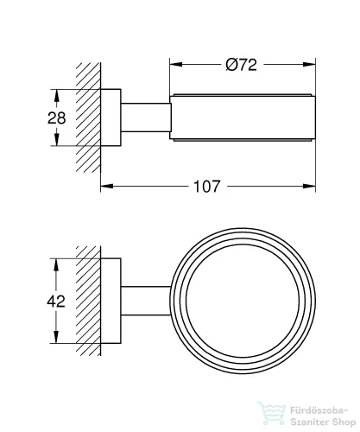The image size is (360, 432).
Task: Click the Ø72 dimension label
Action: coord(241,65)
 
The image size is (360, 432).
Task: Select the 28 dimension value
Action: coord(57,118)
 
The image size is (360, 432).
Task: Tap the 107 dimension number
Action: coord(207,187)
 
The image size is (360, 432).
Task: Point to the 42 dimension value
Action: coord(56,302)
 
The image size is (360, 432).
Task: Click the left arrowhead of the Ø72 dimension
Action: coord(176,64)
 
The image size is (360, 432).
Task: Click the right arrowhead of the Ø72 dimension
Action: coord(309,64)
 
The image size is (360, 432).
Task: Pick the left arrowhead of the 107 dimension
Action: coord(107,187)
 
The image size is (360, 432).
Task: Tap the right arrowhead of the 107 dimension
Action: coord(309,187)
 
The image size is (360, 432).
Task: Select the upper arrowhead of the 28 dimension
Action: coord(57,95)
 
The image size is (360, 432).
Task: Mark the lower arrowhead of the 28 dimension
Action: coord(57,140)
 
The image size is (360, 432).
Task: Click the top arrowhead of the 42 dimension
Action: coord(56,264)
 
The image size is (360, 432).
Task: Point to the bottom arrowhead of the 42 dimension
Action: coord(56,337)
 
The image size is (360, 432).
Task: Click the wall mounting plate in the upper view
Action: coord(111,118)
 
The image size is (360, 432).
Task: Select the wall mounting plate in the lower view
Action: coord(111,301)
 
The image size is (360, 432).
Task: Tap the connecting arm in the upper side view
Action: coord(146,118)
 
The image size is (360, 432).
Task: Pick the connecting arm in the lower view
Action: coord(146,301)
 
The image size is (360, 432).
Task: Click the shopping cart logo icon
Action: coord(271,414)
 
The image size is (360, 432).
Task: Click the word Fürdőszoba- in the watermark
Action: coord(319,410)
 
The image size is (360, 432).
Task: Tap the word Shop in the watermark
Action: coord(344,423)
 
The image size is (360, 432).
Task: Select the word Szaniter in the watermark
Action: coord(309,422)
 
